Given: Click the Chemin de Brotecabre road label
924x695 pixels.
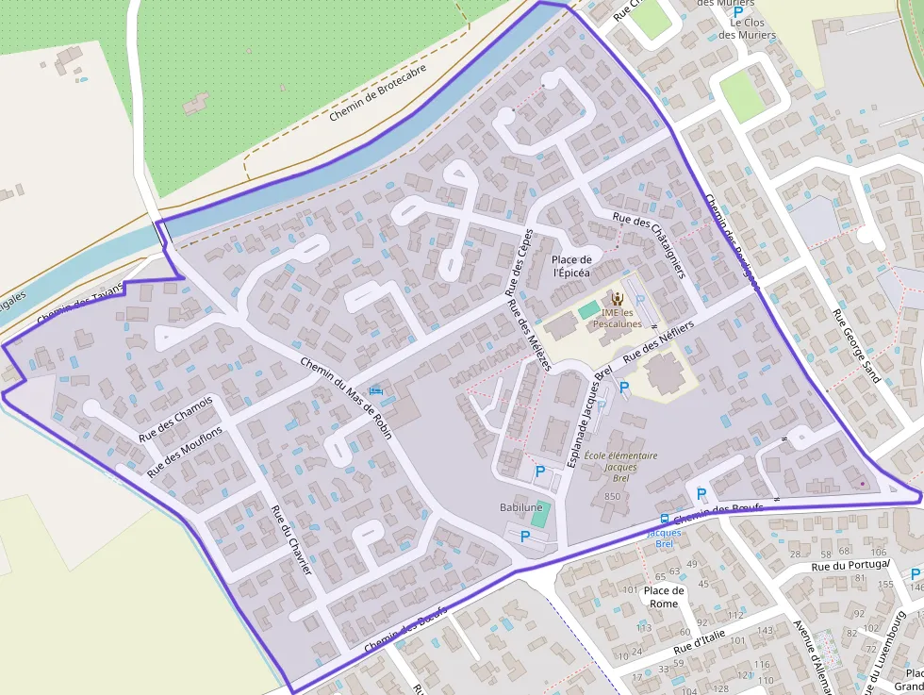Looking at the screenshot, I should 377,92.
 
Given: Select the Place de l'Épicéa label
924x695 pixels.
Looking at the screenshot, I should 571,266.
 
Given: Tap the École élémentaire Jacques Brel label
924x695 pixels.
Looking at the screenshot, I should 620,467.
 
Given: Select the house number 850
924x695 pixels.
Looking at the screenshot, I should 612,496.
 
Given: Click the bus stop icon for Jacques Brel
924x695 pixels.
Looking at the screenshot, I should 664,519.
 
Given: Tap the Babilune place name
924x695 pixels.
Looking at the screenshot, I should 520,507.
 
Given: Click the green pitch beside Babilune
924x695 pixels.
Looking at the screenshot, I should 539,514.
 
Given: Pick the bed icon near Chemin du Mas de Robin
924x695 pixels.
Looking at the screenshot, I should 378,390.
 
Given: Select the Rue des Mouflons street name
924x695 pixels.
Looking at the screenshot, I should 186,450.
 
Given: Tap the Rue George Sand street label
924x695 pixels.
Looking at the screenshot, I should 856,345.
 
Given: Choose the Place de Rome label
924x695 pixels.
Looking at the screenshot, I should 664,597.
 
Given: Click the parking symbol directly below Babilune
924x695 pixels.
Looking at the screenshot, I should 525,536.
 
